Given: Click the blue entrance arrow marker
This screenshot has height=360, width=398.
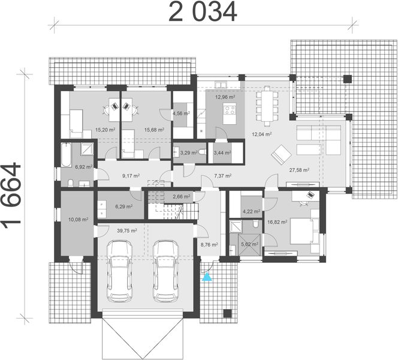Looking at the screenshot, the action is pos(207,277).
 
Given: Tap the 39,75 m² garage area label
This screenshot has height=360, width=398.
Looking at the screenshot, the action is pos(127,230).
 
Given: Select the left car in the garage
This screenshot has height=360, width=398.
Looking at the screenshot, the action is pos(119,271).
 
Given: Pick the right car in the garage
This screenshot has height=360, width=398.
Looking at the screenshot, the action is pos(166,271).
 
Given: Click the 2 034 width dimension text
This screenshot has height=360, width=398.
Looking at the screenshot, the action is pos(203,12).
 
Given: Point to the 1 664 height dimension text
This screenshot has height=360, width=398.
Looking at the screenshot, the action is pos(11,194).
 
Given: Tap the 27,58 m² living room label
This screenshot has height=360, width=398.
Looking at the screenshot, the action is pos(299,170).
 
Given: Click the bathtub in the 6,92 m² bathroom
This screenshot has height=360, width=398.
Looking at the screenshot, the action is pos(66,155).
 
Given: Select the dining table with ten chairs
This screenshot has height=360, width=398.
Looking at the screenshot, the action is pos(267,106).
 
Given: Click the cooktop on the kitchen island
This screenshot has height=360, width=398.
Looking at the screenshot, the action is pos(230,110).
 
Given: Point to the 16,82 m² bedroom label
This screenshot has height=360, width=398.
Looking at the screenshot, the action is pos(278,222).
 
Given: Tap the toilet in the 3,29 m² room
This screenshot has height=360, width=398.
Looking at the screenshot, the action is pos(203,152).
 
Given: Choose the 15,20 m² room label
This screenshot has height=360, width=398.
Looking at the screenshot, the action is pos(105,130).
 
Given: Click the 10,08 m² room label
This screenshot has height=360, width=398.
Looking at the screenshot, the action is pos(79,219).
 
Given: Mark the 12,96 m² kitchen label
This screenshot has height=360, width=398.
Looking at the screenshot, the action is pos(225,97).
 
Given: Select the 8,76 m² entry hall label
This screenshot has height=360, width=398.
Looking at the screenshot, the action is pos(209,245).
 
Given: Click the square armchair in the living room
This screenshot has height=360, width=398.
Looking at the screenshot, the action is pos(281,154).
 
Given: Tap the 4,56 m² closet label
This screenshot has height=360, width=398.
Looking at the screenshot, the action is pos(181,113).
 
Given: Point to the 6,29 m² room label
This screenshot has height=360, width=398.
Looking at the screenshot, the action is pos(124,206).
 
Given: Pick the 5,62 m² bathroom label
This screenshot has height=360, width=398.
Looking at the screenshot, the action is pos(250,244).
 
